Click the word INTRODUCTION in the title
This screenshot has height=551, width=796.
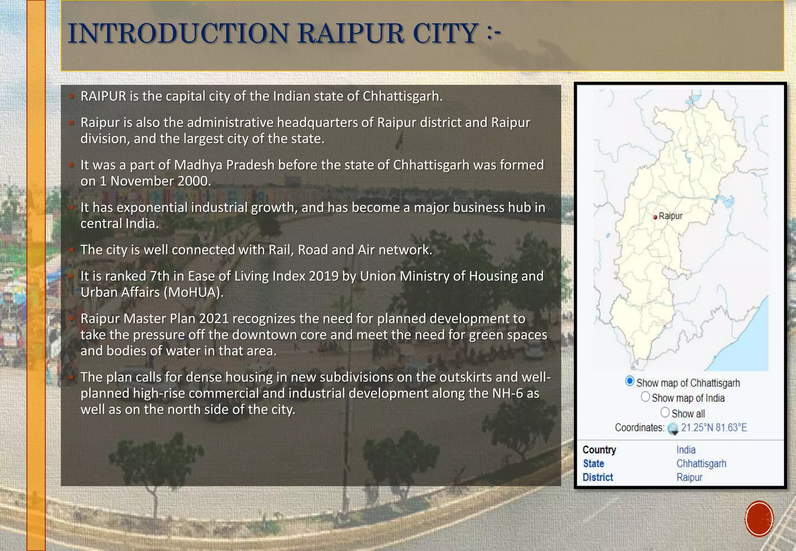click(178, 33)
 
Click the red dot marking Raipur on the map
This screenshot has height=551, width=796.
click(655, 217)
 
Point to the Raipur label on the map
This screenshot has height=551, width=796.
click(670, 216)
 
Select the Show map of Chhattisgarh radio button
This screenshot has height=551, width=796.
click(630, 381)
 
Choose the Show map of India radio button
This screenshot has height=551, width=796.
click(645, 397)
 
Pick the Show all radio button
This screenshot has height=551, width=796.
click(665, 412)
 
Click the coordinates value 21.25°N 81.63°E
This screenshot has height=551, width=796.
click(714, 428)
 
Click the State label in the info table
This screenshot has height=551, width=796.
click(593, 464)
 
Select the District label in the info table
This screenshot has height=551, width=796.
click(597, 477)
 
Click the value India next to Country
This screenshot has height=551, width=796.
click(686, 450)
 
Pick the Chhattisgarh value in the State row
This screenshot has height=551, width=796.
click(701, 464)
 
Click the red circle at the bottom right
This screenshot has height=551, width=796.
click(759, 519)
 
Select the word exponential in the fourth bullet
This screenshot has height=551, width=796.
click(152, 208)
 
